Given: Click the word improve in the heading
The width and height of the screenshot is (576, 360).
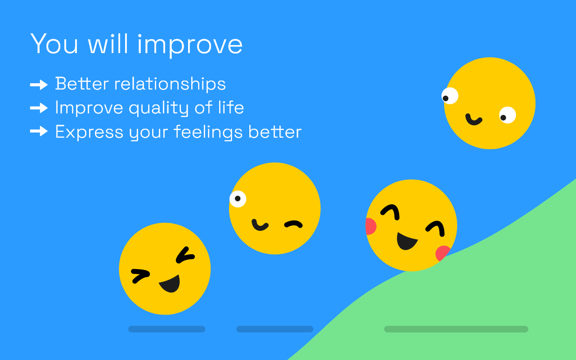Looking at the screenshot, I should coord(189,44).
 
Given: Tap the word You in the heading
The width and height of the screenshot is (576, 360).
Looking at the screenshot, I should coord(54,44).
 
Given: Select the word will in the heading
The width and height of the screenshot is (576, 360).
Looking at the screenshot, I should coord(108,44).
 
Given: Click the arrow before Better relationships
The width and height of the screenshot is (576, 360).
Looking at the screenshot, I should coord(39,84).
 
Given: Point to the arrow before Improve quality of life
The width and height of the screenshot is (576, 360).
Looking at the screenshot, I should coord(39,108).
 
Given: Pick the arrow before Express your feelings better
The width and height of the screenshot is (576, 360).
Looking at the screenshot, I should coord(39,131).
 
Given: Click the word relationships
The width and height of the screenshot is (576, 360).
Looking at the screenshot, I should coord(170,84).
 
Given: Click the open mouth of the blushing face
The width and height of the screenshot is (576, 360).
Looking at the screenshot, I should coord(406,241).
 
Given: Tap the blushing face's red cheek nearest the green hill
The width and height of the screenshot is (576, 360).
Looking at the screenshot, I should coord(442,253).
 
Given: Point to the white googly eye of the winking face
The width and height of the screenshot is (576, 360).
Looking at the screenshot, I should coord(238,198).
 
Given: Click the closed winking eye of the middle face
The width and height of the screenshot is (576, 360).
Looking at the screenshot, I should coord(293,224).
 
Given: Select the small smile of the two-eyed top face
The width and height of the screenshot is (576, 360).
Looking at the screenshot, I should coord(473,120).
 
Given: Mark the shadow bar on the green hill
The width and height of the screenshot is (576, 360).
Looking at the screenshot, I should coord(456,329).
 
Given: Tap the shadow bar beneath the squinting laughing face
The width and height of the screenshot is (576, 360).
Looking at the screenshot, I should coord(166,329).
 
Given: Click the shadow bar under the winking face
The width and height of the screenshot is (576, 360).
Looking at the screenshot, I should coord(274,329).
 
